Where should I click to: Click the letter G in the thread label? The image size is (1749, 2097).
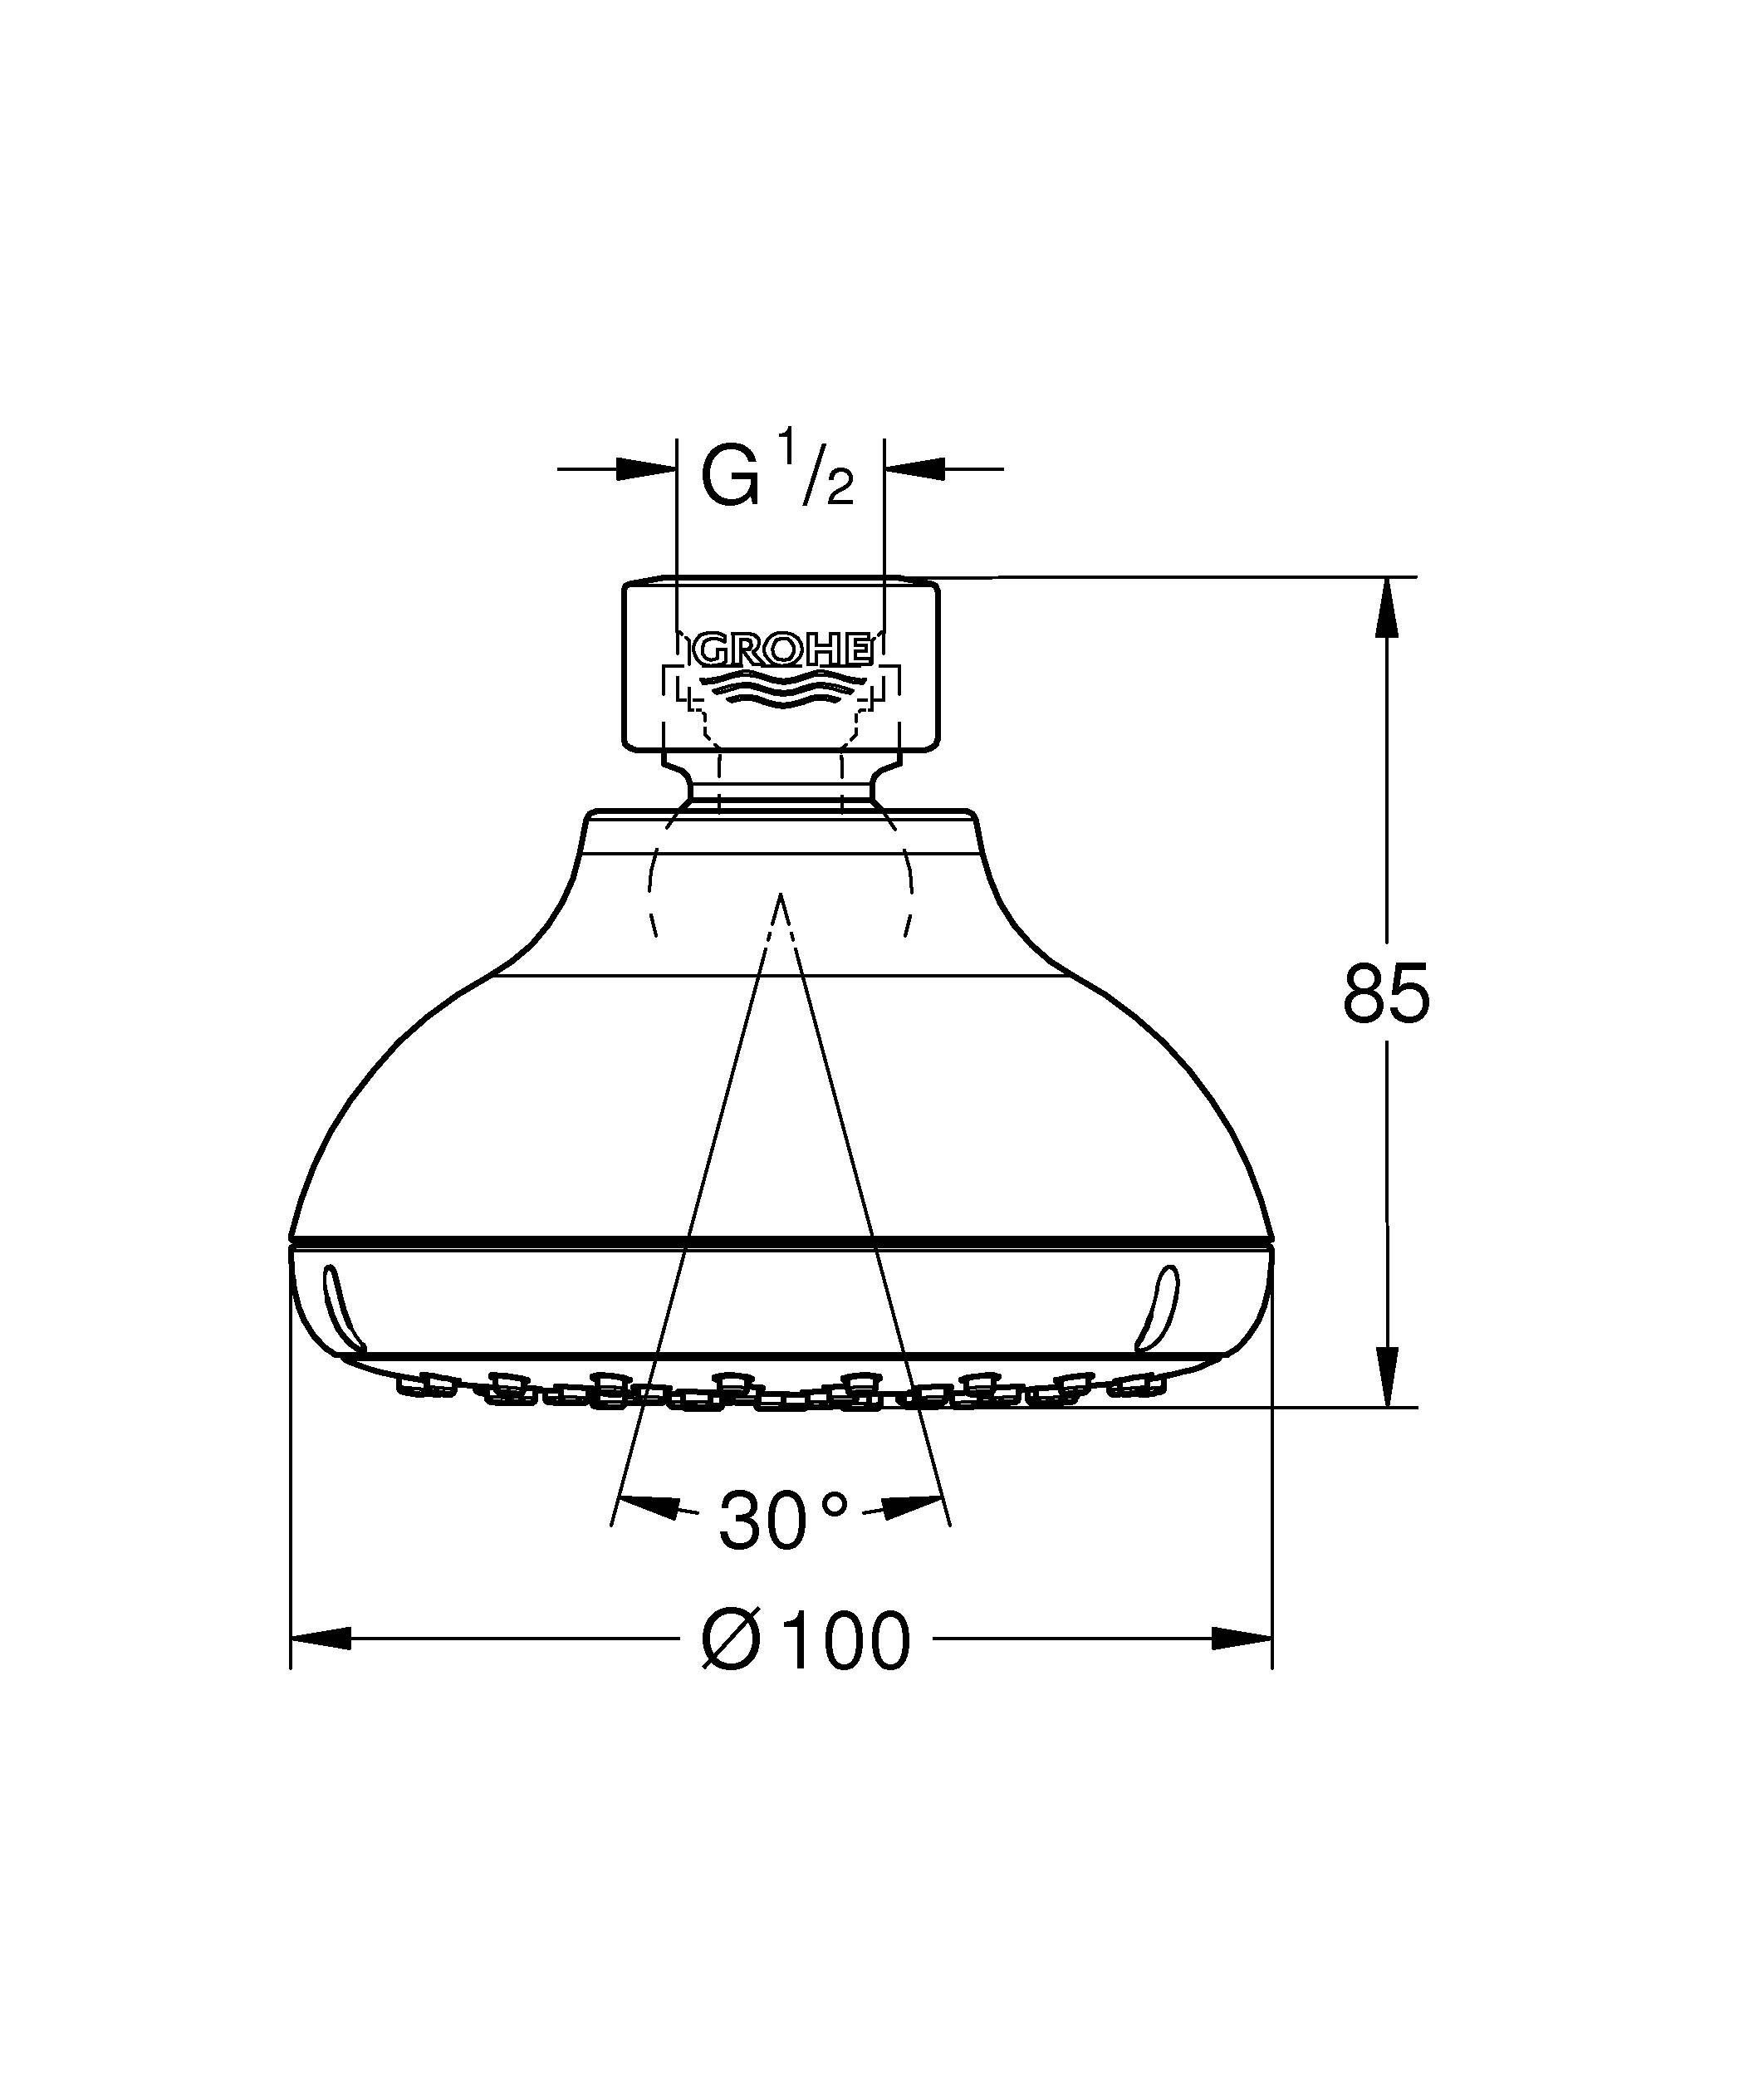[729, 478]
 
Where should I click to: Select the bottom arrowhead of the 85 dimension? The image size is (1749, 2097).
[1387, 1378]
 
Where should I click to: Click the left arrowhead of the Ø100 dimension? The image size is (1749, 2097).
[321, 1639]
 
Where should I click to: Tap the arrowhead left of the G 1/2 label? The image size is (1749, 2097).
[647, 468]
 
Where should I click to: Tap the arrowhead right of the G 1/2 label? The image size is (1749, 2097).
[914, 468]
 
